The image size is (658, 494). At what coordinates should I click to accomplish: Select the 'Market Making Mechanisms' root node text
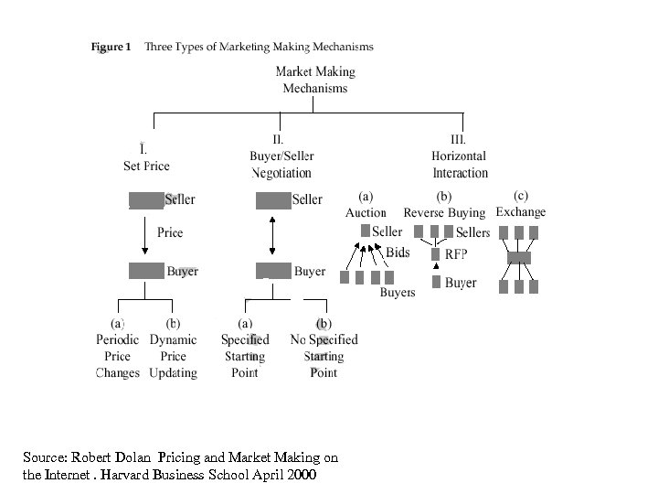[x=314, y=80]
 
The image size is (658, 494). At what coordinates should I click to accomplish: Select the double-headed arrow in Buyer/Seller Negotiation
[x=273, y=234]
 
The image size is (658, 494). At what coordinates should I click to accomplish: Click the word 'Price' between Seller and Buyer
[x=170, y=232]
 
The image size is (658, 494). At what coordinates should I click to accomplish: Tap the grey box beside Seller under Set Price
[x=145, y=200]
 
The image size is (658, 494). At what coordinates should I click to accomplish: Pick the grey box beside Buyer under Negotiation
[x=273, y=271]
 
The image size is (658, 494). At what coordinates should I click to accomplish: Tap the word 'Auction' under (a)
[x=366, y=212]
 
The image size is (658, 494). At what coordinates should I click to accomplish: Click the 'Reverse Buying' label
[x=444, y=212]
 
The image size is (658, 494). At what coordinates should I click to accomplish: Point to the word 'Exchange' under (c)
[x=520, y=212]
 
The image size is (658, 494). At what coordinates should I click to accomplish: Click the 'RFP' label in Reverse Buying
[x=456, y=253]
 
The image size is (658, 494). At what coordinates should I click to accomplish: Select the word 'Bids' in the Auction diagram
[x=398, y=252]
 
